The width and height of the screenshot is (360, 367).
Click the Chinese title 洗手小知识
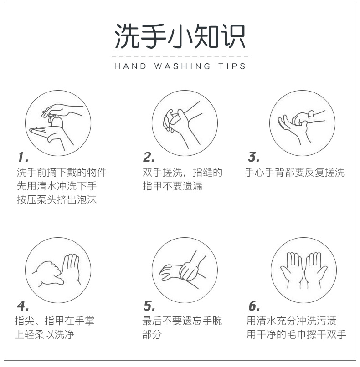pos(180,36)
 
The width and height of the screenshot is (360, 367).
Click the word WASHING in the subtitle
pos(182,66)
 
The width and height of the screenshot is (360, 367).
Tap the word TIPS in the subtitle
pos(232,66)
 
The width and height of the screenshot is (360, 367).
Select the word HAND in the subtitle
pos(130,66)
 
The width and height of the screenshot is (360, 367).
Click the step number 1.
pos(23,157)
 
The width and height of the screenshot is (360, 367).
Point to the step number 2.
pos(149,157)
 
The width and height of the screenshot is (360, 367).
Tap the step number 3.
pos(254,157)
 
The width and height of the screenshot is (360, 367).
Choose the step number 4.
pos(23,306)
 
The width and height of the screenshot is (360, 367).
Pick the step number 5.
pos(149,306)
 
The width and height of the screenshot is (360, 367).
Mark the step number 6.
pos(254,306)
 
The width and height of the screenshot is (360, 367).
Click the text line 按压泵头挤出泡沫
pos(57,199)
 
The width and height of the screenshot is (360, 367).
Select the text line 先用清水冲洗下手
pos(57,186)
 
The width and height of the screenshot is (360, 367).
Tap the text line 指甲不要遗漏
pos(172,186)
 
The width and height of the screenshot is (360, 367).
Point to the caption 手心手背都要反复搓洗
pos(295,172)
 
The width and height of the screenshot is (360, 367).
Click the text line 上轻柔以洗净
pos(45,334)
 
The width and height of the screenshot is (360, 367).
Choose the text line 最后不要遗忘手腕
pos(182,321)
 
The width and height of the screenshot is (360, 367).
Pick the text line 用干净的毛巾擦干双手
pos(296,334)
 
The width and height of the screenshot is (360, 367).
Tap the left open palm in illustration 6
pos(292,269)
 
